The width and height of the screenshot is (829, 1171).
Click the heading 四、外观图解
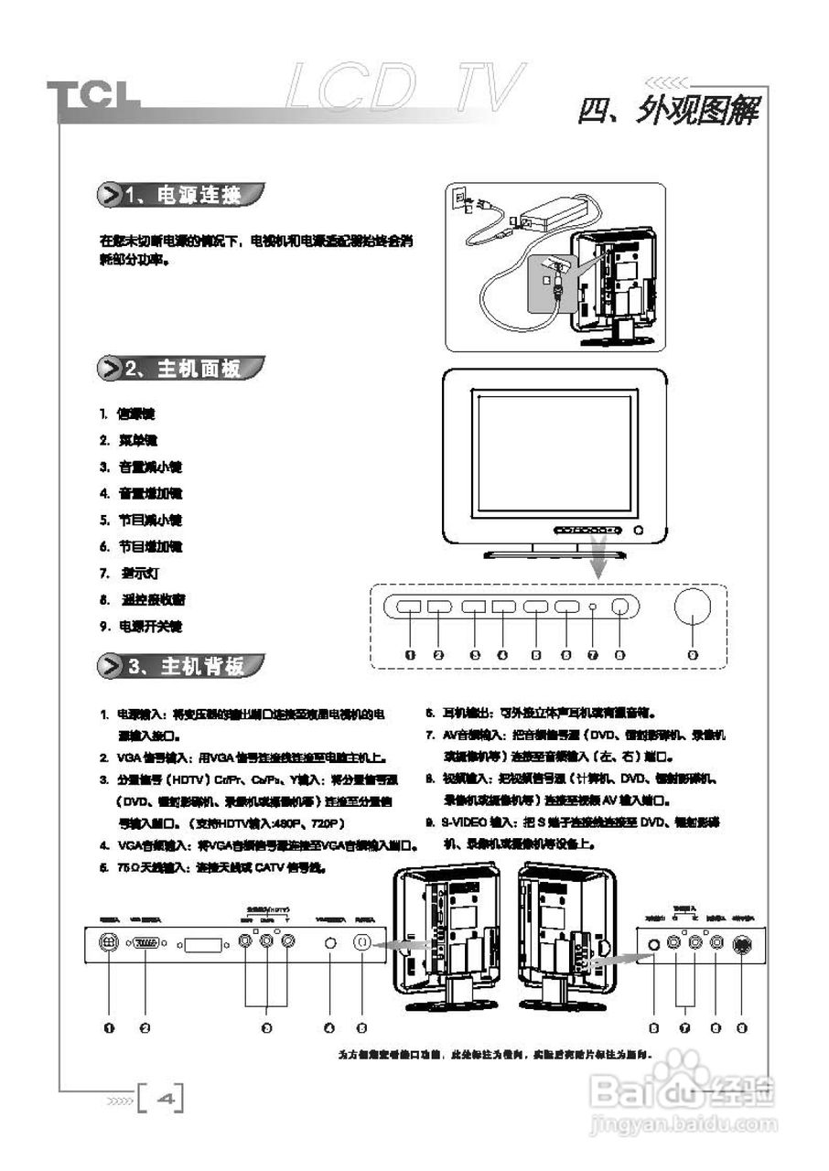coord(669,111)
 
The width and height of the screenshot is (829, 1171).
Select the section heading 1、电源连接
coord(182,195)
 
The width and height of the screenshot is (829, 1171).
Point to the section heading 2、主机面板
coord(182,369)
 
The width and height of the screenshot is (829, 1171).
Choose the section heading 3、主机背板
coord(182,665)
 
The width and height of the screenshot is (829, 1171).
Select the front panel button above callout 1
coord(409,607)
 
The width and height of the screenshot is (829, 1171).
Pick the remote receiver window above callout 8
coord(620,607)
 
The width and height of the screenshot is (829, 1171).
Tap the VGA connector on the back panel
coord(146,944)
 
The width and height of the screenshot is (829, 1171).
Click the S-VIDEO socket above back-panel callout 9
coord(741,945)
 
